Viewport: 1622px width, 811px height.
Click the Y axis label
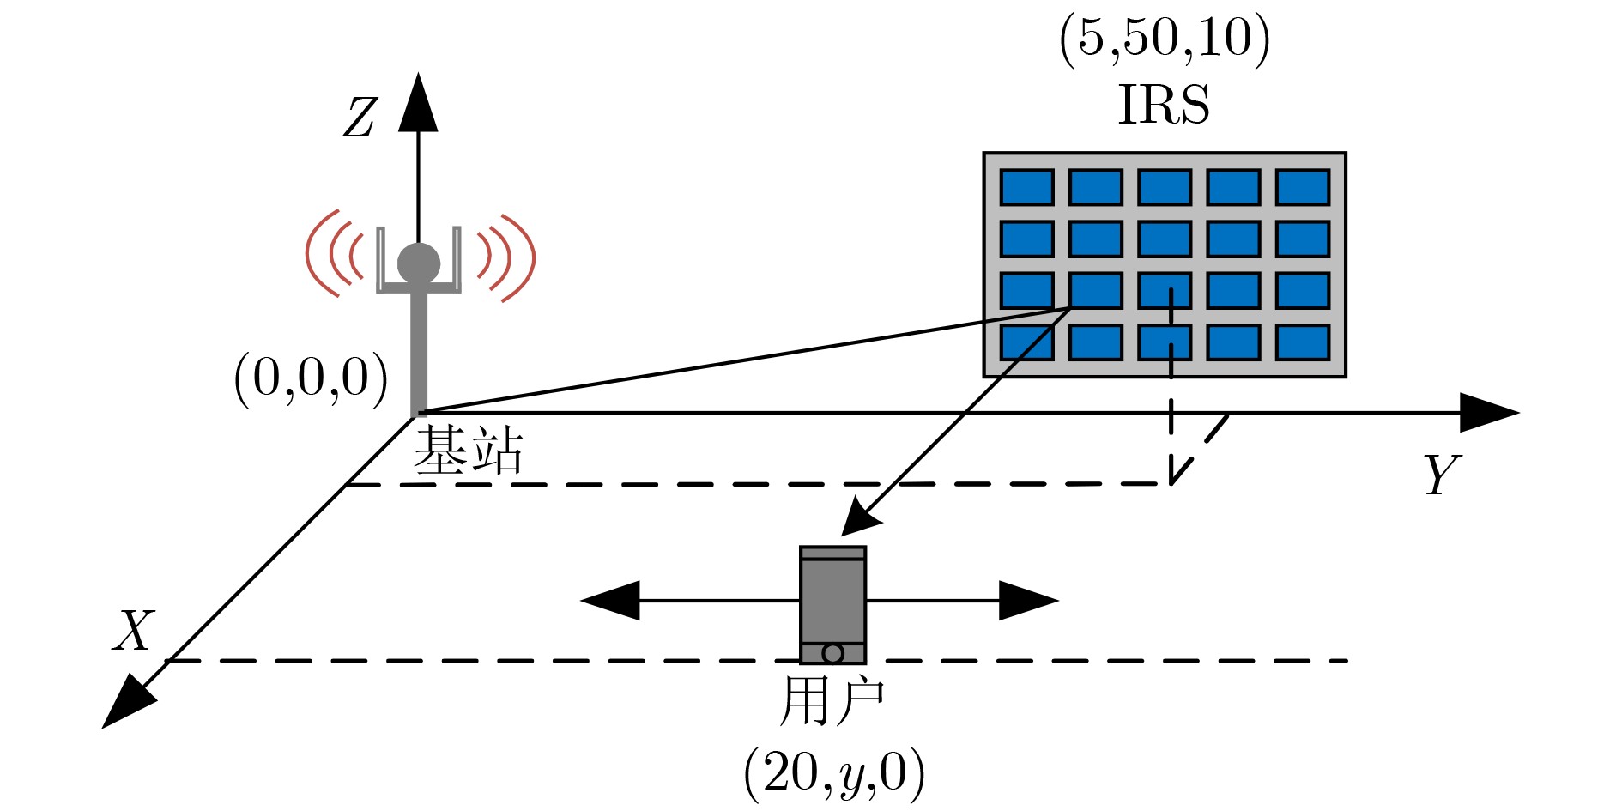tap(1441, 474)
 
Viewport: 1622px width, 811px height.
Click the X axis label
tap(134, 631)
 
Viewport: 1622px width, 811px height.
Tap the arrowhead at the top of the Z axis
tap(418, 102)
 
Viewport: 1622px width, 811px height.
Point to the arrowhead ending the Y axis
tap(1490, 413)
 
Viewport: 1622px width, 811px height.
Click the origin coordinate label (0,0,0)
tap(311, 378)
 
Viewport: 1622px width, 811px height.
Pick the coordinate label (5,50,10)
tap(1165, 39)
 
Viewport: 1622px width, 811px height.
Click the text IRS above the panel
tap(1164, 105)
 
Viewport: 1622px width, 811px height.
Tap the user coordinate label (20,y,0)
tap(834, 773)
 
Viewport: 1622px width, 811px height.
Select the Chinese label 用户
tap(832, 701)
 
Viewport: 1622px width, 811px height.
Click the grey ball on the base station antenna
tap(419, 263)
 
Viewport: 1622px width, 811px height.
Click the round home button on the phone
tap(832, 653)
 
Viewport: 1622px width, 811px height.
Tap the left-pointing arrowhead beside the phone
tap(610, 601)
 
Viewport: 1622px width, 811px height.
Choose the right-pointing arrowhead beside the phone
tap(1029, 601)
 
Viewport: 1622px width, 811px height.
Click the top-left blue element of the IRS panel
tap(1027, 187)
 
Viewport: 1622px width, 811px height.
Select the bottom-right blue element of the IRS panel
tap(1303, 342)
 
